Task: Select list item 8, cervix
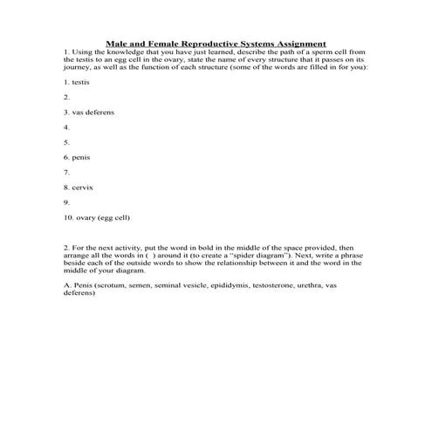79,187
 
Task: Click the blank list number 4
66,127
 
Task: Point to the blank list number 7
66,172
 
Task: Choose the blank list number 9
66,202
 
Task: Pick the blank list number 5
66,142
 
